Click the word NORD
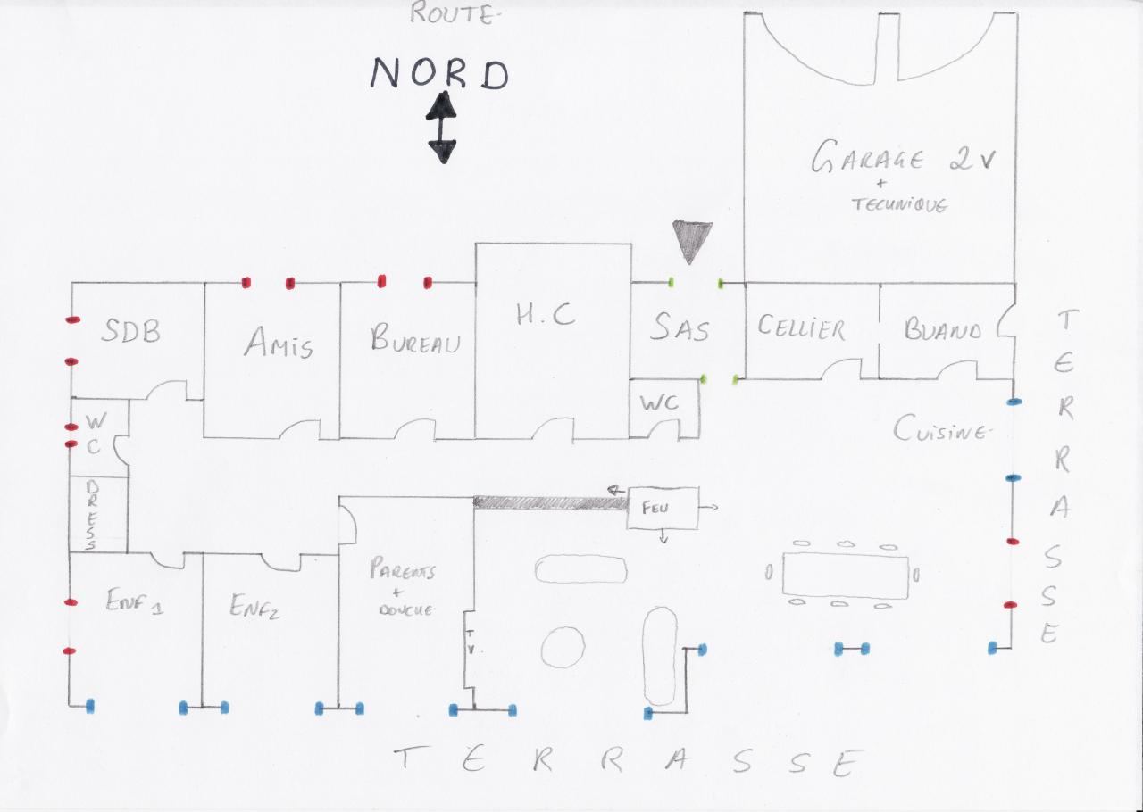[x=439, y=74]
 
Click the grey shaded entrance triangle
[x=692, y=239]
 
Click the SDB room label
[x=130, y=331]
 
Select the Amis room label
[x=279, y=342]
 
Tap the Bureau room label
[x=415, y=340]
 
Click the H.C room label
[x=546, y=315]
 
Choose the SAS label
[x=680, y=328]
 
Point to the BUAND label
[x=942, y=330]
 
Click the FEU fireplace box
[x=663, y=508]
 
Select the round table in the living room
[x=563, y=646]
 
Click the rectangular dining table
[x=845, y=574]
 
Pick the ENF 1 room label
[x=133, y=605]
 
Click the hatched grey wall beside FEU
[x=550, y=503]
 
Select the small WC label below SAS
[x=658, y=403]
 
